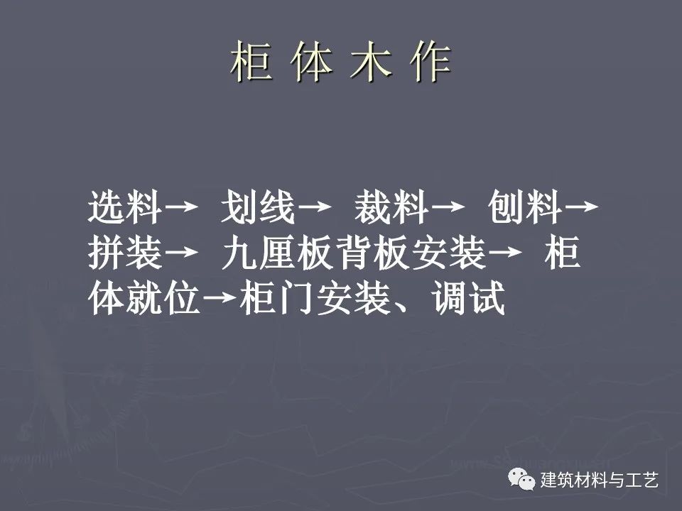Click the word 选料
tap(125, 207)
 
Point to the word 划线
tap(258, 207)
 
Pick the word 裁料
tap(391, 207)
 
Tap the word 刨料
tap(524, 207)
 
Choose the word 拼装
tap(125, 253)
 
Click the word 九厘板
tap(278, 253)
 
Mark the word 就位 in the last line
tap(163, 298)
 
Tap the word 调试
tap(468, 298)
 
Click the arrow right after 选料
tap(181, 206)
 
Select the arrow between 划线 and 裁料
tap(314, 206)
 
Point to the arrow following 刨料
tap(582, 206)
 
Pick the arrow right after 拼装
tap(181, 251)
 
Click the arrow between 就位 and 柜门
tap(220, 297)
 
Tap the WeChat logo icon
tap(521, 479)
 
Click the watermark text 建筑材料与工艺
tap(600, 480)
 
